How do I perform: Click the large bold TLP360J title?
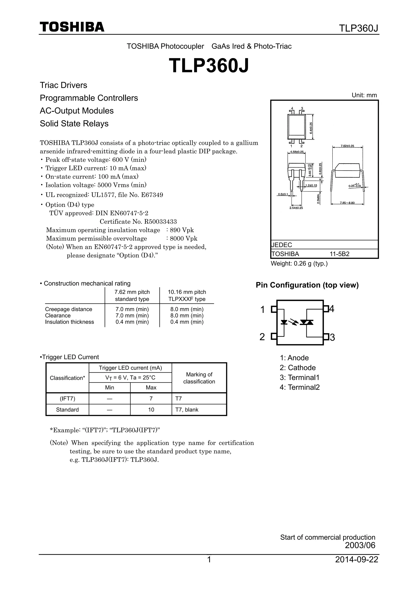(209, 66)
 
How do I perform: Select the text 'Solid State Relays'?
(74, 124)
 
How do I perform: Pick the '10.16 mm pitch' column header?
(187, 292)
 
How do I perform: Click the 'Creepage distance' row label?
(69, 309)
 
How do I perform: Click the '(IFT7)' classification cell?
(68, 399)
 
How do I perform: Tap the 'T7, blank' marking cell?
(187, 410)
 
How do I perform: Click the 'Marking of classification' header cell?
(199, 378)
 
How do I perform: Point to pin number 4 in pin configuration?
(332, 309)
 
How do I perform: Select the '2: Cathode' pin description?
(298, 368)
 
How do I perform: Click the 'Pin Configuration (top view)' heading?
(307, 285)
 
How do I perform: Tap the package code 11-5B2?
(339, 254)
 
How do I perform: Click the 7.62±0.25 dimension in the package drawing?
(347, 146)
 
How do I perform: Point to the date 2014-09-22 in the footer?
(357, 560)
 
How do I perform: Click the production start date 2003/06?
(360, 545)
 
